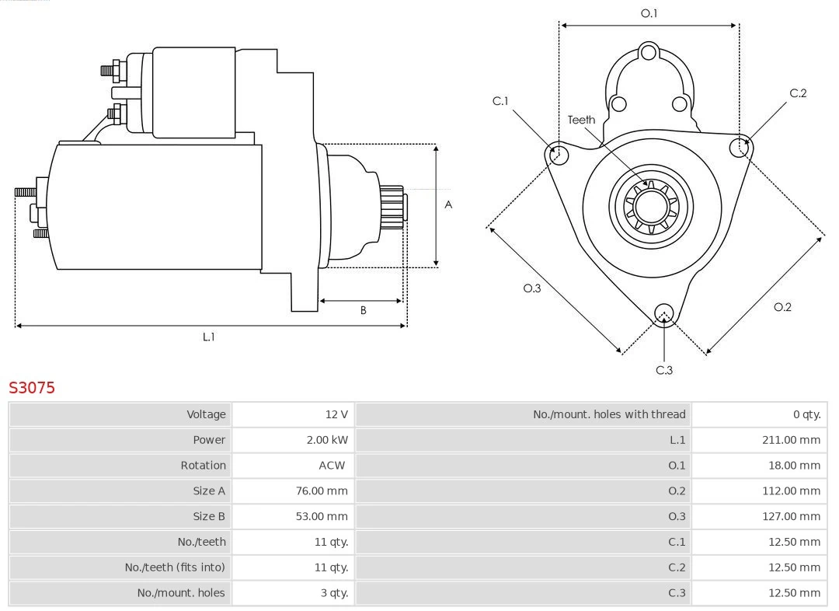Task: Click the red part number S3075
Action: [x=32, y=387]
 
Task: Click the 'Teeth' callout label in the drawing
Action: [x=581, y=120]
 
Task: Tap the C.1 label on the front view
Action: [x=500, y=101]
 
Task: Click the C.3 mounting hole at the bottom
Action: [x=663, y=313]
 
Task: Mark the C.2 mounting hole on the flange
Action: [x=740, y=147]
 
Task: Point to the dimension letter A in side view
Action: [x=448, y=205]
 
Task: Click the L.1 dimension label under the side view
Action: [x=208, y=337]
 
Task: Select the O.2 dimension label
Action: [x=782, y=307]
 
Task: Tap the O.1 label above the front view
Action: [x=649, y=13]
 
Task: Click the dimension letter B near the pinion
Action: [x=363, y=310]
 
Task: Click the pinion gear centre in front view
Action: [x=651, y=208]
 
